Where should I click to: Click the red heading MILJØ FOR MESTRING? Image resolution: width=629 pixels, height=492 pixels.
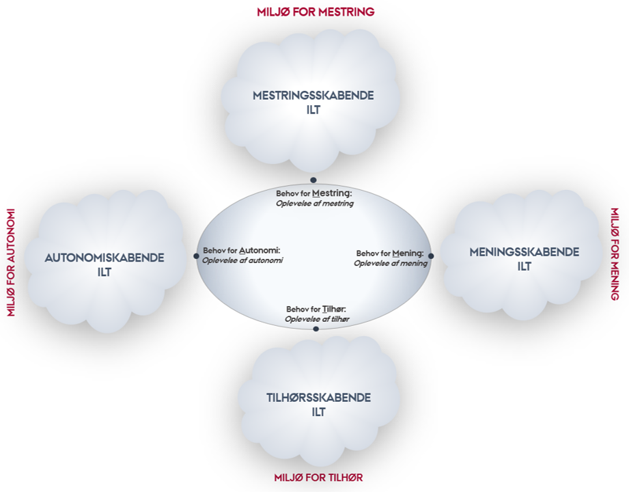point(316,12)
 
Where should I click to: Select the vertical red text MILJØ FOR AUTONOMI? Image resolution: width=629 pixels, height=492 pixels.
point(10,262)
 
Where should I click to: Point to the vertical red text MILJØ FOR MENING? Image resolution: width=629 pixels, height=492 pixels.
point(615,254)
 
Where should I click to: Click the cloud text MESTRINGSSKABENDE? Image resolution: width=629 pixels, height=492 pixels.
point(313,96)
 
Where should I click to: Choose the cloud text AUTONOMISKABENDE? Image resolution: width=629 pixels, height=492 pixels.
point(104,258)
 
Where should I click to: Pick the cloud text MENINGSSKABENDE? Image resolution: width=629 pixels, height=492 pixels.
point(524,252)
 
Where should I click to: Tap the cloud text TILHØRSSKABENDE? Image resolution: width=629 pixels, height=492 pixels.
point(318,398)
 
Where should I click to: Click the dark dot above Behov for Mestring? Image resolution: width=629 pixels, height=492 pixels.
point(313,180)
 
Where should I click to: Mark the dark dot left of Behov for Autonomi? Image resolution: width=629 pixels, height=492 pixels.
point(196,256)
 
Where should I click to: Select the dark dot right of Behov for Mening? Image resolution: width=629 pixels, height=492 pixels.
point(431,256)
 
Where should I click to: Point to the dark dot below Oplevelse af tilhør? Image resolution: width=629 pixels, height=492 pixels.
point(316,329)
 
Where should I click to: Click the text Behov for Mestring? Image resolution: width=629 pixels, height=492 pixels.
point(313,193)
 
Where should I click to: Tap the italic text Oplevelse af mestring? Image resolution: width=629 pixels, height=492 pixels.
point(315,203)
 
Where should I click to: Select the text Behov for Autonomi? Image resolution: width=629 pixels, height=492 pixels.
point(242,250)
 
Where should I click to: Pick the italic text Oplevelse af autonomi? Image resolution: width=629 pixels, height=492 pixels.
point(242,260)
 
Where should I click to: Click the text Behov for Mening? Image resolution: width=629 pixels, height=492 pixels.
point(390,254)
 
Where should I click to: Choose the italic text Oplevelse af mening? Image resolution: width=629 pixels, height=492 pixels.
point(391,263)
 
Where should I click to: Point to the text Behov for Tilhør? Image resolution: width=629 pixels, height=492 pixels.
point(316,309)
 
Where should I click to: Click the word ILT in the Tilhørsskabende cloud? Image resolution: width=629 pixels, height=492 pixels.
point(318,412)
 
